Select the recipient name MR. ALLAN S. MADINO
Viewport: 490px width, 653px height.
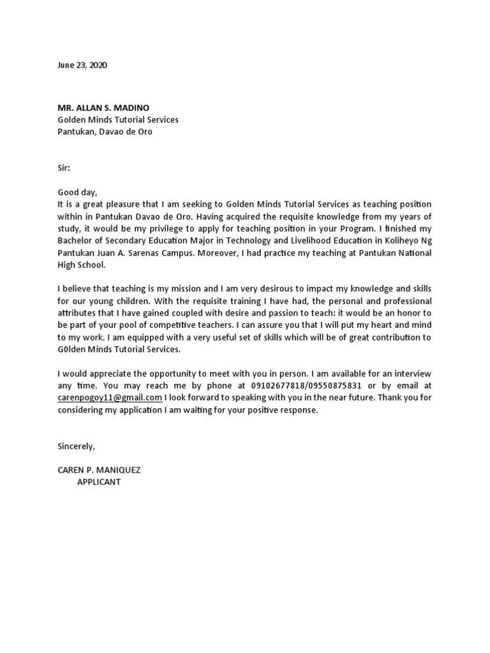click(x=104, y=107)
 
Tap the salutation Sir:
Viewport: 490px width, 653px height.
click(x=64, y=168)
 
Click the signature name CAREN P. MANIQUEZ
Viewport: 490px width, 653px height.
click(x=99, y=470)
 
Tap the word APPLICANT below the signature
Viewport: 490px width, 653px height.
click(x=99, y=482)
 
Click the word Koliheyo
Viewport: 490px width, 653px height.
click(x=400, y=240)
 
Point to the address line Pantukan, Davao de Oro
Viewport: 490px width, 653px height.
click(x=105, y=132)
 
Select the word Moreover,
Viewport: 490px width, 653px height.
click(x=218, y=253)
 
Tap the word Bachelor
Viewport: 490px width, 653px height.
click(x=75, y=240)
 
